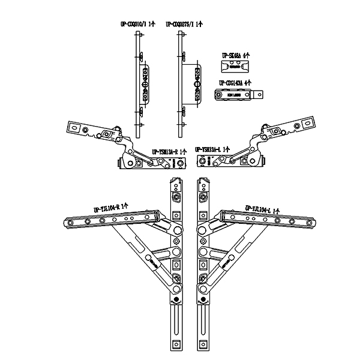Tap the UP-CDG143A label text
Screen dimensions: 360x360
pos(235,82)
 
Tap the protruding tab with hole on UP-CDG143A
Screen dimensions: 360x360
pos(259,95)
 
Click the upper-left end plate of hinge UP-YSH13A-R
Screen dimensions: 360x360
pos(77,127)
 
